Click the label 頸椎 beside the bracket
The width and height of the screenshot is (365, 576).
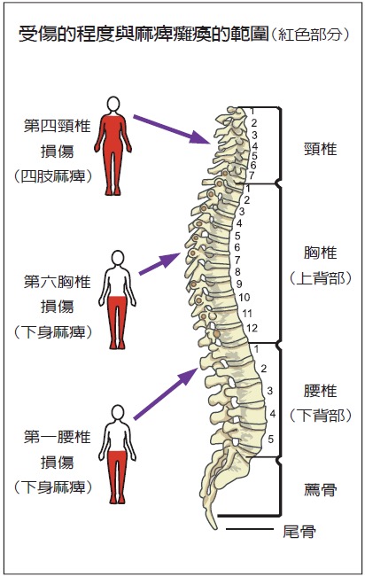320,149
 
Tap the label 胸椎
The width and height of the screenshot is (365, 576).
320,253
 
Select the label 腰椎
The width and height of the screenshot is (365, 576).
320,391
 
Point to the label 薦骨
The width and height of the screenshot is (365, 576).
320,489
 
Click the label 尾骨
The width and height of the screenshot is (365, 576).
299,531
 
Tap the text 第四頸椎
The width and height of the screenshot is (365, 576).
57,126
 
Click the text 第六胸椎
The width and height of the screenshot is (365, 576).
57,282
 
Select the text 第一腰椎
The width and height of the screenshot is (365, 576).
57,437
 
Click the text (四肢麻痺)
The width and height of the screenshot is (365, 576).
53,176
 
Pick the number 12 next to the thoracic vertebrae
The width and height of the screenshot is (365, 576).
252,328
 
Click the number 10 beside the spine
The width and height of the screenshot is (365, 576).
245,297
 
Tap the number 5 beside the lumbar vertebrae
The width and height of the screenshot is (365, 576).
270,439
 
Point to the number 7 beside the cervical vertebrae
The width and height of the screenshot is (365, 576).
252,175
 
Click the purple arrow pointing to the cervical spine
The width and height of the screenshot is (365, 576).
172,129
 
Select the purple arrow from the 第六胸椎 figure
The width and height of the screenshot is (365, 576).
159,263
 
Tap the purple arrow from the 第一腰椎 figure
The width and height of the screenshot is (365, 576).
166,393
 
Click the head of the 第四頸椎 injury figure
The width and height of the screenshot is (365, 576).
113,104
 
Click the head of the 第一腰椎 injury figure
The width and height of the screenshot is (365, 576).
118,413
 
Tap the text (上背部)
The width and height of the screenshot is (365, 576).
320,278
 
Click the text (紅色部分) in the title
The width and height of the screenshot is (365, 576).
311,35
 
